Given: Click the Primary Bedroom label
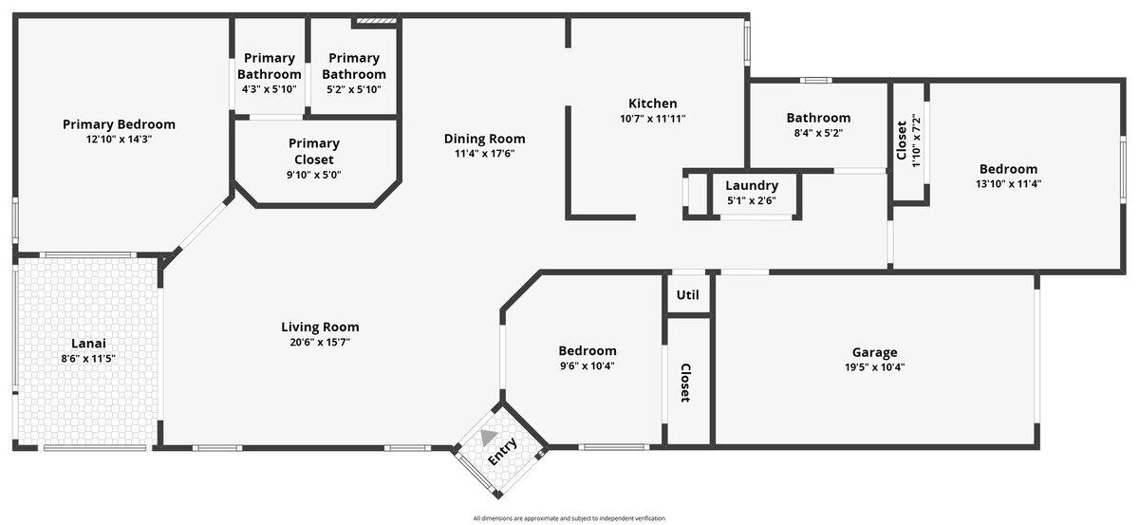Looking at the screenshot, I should click(x=119, y=123).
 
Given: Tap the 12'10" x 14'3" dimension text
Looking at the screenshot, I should click(x=119, y=139).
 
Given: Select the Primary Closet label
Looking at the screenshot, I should click(x=314, y=151).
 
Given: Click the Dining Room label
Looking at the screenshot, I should click(x=484, y=139).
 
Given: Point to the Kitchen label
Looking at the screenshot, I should click(x=652, y=103).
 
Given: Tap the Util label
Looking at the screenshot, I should click(x=687, y=294).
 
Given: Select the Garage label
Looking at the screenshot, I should click(x=873, y=352).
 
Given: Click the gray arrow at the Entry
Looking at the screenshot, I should click(x=489, y=437).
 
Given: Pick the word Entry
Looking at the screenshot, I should click(x=503, y=452).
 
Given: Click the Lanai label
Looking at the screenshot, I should click(x=88, y=343).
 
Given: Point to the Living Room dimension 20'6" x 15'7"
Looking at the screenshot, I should click(x=320, y=342).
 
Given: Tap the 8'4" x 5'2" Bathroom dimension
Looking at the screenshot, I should click(x=817, y=133).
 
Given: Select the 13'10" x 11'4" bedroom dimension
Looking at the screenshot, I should click(x=1008, y=184).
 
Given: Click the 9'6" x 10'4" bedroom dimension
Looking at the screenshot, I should click(x=587, y=366).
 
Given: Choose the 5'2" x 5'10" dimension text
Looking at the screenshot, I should click(x=353, y=89).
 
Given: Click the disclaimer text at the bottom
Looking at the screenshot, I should click(x=569, y=518).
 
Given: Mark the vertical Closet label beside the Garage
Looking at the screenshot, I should click(x=684, y=383).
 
